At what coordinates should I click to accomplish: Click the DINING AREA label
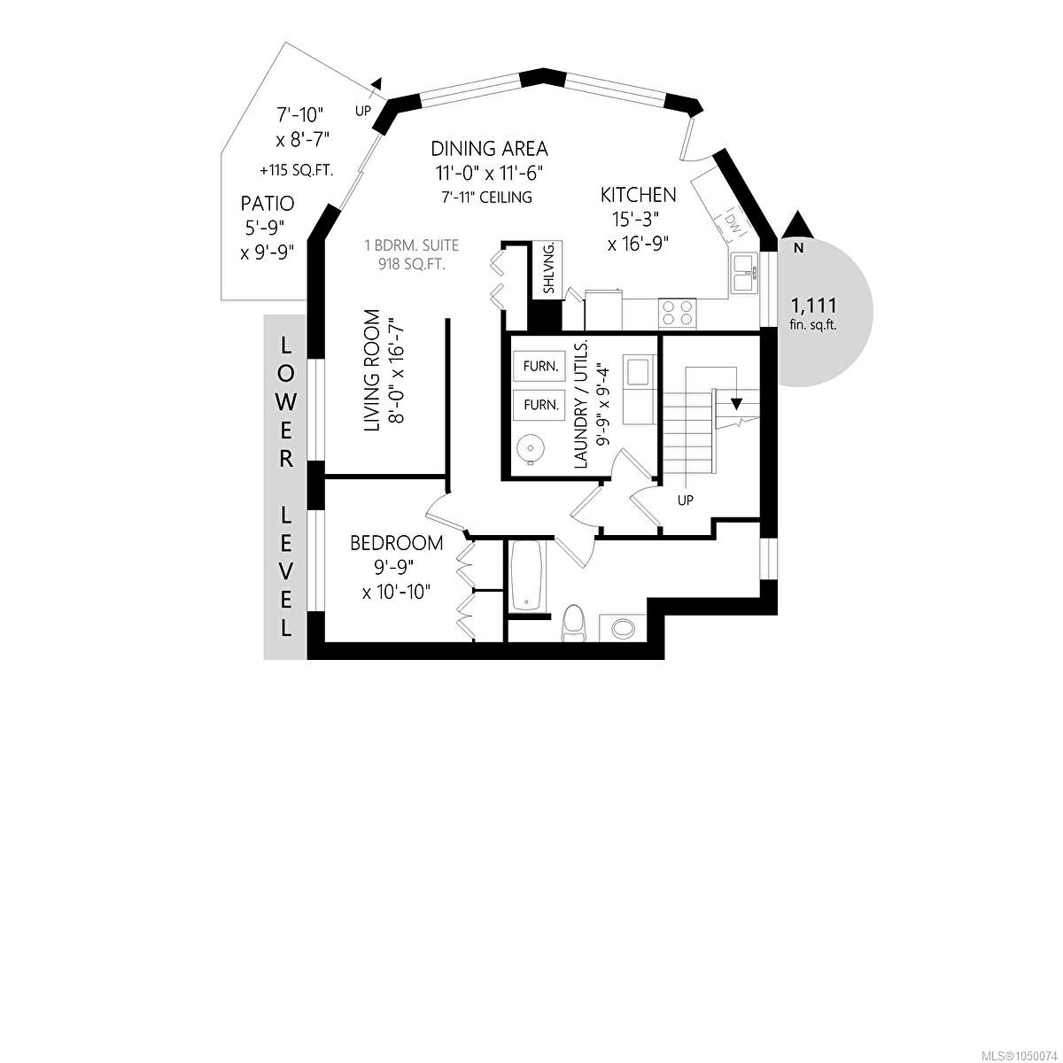(489, 149)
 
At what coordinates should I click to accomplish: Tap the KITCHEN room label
(638, 195)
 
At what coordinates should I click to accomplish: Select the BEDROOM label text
(397, 543)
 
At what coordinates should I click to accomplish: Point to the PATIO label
(268, 204)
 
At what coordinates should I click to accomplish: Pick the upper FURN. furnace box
(539, 366)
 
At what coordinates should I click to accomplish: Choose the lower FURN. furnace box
(539, 405)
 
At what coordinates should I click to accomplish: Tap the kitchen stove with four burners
(678, 313)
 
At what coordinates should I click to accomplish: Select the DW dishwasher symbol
(733, 221)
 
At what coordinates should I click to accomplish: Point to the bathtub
(527, 577)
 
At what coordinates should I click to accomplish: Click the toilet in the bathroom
(574, 624)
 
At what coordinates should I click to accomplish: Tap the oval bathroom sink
(624, 628)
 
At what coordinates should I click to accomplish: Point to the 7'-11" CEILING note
(487, 197)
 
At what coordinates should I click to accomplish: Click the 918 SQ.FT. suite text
(412, 264)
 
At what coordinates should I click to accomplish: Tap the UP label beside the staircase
(686, 500)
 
